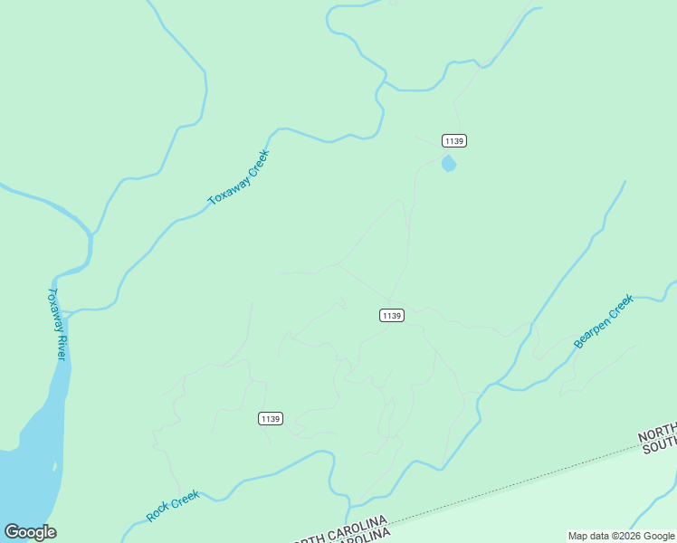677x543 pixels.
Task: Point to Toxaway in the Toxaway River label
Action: point(53,309)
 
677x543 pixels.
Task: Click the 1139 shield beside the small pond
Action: point(454,140)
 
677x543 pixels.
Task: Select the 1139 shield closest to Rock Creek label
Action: point(271,418)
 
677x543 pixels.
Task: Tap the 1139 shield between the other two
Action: point(391,315)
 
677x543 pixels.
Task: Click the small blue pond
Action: point(448,164)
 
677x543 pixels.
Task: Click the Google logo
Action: point(31,532)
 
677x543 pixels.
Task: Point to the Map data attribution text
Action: point(622,536)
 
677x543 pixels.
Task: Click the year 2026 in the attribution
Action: point(631,536)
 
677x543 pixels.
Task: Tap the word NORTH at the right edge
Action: point(658,433)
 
